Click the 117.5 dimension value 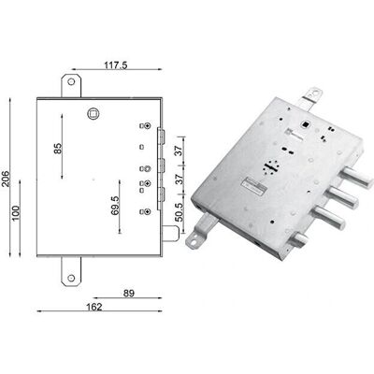point(116,65)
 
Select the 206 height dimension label point(7,179)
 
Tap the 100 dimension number point(16,213)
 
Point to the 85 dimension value point(58,148)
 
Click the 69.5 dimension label point(115,206)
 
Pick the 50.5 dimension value point(180,212)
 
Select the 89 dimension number point(128,294)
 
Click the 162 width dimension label point(94,307)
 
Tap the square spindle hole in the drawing point(93,113)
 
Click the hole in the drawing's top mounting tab point(71,82)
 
